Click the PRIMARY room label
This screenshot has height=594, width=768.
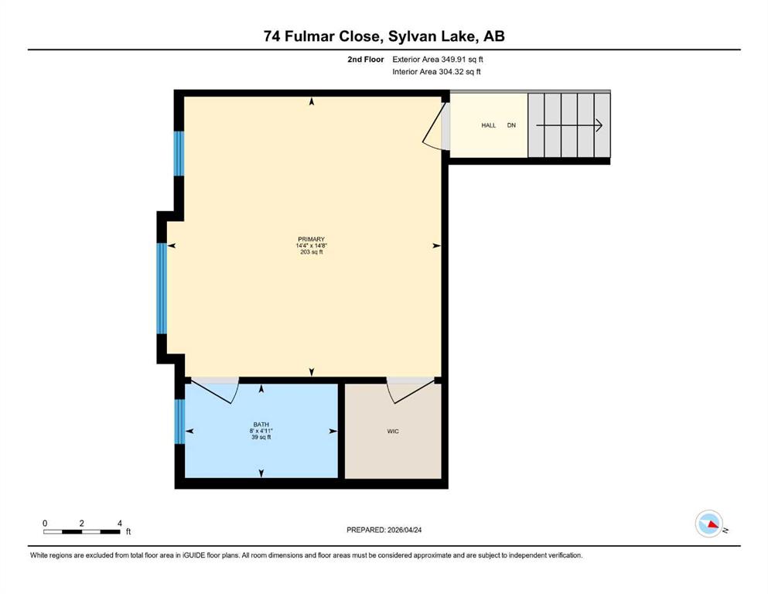(311, 240)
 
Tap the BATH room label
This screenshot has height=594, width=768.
(261, 425)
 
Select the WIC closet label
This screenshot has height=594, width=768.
(393, 432)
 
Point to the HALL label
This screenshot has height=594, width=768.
(488, 125)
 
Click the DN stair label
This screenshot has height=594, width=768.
(511, 125)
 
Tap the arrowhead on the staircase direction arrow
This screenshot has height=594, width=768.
(599, 125)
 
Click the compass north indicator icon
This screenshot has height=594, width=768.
(709, 524)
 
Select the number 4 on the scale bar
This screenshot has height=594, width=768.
(120, 524)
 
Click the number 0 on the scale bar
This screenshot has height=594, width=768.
(45, 524)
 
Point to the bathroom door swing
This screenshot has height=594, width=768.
(216, 391)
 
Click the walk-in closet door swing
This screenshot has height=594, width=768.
(411, 391)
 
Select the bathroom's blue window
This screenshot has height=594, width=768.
(179, 422)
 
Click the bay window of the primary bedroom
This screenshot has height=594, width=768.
(162, 288)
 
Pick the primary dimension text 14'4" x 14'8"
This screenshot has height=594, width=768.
(311, 246)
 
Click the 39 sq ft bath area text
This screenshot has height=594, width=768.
(261, 437)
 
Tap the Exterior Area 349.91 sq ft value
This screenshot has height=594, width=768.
(438, 60)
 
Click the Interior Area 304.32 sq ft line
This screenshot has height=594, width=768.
(436, 71)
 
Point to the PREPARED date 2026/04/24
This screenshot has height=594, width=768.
(404, 530)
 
